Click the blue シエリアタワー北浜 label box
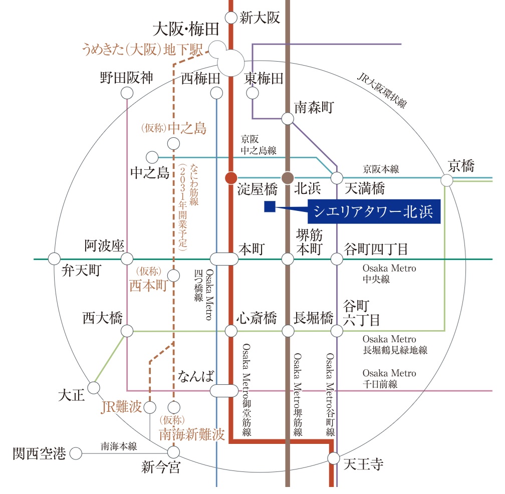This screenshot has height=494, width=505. pos(373,211)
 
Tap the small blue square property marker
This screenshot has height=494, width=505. pos(270,206)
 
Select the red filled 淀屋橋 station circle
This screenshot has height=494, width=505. pos(231,178)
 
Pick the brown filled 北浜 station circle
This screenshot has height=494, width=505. pos(288,178)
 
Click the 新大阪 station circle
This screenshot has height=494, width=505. pos(231,18)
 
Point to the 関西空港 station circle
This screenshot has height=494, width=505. pos(76,454)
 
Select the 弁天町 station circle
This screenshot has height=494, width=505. pos(54,259)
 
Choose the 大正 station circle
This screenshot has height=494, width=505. pos(94,388)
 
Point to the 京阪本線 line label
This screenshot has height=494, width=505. pos(381,169)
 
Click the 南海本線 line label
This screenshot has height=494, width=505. pos(119,445)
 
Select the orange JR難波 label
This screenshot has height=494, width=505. pos(122,406)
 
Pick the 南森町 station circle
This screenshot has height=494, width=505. pos(288,118)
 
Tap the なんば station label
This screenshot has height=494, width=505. pos(196,376)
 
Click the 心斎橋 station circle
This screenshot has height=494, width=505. pos(231,331)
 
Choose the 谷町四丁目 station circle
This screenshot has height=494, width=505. pos(337,259)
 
